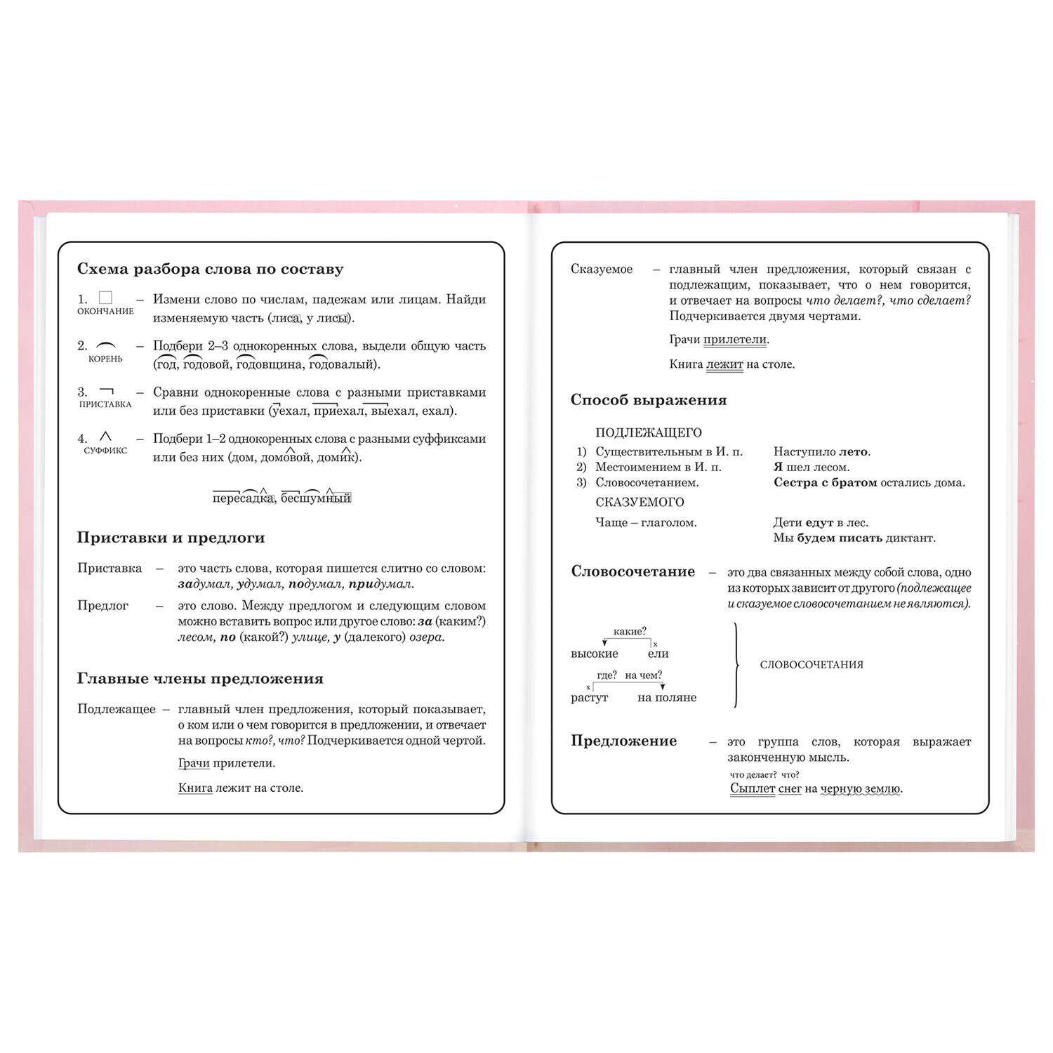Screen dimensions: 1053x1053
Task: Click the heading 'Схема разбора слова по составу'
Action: point(210,270)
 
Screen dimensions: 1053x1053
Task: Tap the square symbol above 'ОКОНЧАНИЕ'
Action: point(106,298)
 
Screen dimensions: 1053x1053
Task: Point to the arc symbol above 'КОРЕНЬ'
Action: point(106,345)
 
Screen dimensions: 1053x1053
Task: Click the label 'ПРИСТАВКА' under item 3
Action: point(105,404)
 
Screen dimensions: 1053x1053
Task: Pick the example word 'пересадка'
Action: point(243,498)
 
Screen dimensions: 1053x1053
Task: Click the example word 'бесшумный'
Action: point(316,498)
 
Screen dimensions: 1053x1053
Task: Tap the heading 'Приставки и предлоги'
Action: point(171,538)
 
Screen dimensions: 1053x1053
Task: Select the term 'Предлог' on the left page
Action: point(102,606)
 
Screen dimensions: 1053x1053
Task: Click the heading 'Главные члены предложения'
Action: point(200,679)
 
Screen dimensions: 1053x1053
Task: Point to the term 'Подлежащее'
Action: point(117,709)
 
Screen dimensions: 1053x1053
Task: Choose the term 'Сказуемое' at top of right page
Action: point(602,270)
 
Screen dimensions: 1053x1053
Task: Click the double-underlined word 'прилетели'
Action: point(735,340)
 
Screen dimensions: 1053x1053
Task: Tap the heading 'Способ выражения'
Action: point(648,401)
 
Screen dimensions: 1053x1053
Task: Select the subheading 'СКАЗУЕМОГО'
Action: point(640,503)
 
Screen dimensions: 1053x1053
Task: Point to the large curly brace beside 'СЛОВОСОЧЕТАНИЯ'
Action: point(736,665)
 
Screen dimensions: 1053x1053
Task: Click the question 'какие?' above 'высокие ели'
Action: point(630,632)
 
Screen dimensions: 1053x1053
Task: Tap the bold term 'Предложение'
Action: point(623,741)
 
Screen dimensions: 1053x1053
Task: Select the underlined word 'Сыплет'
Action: point(753,789)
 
